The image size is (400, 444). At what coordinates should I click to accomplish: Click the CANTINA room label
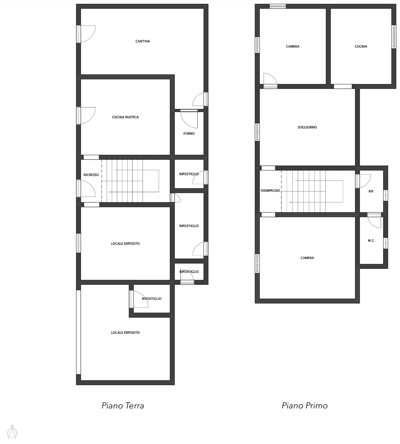(x=143, y=41)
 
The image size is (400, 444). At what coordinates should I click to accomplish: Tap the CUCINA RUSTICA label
(x=125, y=117)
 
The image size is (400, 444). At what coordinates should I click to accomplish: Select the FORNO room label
(x=189, y=133)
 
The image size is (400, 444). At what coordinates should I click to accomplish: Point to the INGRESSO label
(x=91, y=175)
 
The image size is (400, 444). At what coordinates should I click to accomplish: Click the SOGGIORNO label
(x=307, y=127)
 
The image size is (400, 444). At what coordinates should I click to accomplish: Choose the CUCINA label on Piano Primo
(x=361, y=46)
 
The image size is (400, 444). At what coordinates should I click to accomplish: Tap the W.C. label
(x=371, y=241)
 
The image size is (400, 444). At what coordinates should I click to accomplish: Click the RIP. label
(x=371, y=192)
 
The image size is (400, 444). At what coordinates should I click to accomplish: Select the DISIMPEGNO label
(x=270, y=191)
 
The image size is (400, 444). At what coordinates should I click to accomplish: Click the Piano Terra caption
(x=123, y=406)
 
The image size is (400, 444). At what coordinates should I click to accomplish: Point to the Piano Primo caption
(x=305, y=406)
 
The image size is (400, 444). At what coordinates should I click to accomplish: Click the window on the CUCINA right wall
(x=393, y=37)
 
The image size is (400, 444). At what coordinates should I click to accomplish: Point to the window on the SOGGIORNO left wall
(x=257, y=132)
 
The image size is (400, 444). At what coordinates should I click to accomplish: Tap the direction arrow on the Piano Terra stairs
(x=134, y=192)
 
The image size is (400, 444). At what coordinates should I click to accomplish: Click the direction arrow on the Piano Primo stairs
(x=316, y=202)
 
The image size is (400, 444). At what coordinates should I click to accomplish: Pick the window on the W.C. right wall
(x=386, y=243)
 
